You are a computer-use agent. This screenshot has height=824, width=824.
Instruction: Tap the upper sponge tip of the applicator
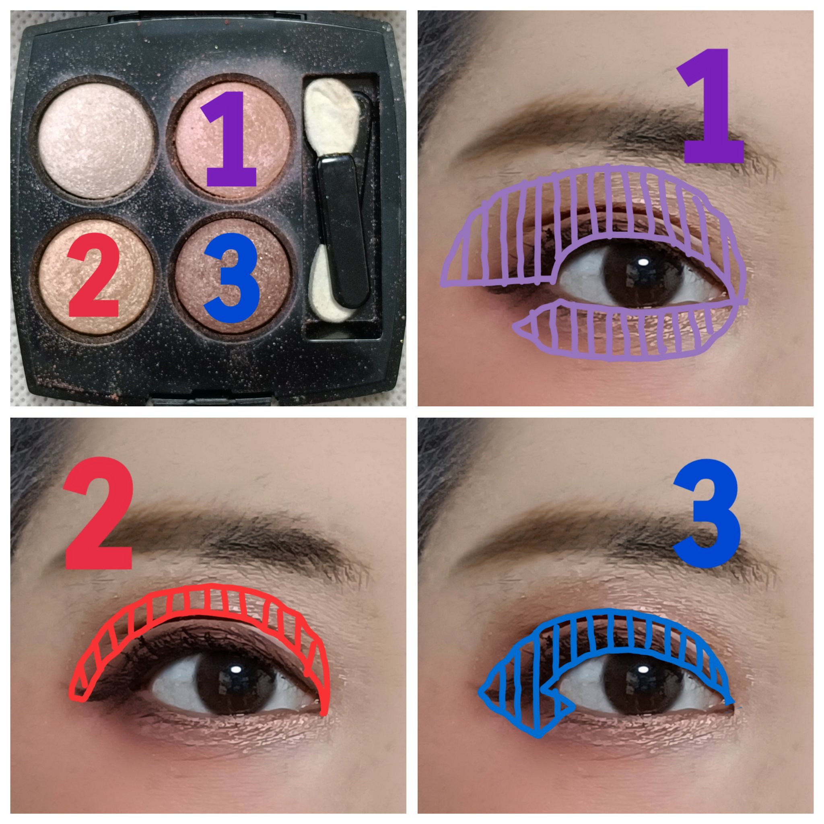pyautogui.click(x=334, y=118)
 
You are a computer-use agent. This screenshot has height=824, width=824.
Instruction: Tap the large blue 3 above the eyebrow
pyautogui.click(x=705, y=513)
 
